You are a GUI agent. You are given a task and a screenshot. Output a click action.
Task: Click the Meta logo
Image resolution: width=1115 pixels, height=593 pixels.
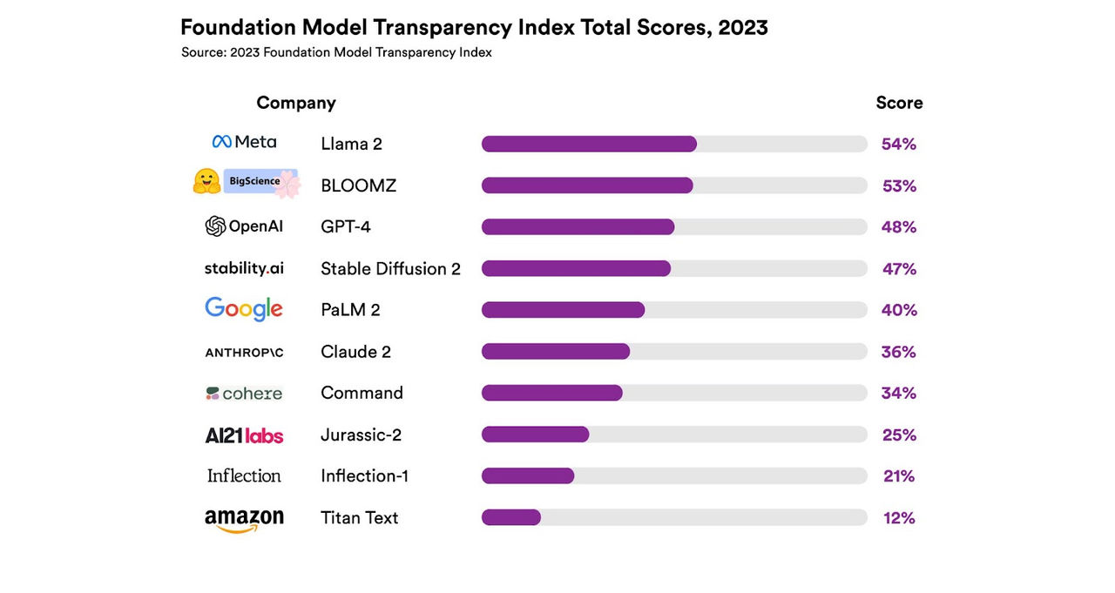click(244, 142)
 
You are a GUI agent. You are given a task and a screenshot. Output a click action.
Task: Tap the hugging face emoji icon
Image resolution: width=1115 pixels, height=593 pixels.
click(206, 181)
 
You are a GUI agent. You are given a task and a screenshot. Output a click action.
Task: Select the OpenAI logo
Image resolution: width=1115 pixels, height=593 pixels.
click(244, 226)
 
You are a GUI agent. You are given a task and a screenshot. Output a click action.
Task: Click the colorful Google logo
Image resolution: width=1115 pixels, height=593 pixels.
click(244, 309)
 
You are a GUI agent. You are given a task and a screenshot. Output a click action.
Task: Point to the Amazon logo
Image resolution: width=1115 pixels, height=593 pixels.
click(244, 520)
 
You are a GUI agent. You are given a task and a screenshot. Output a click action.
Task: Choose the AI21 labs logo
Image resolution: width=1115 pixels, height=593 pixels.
click(244, 435)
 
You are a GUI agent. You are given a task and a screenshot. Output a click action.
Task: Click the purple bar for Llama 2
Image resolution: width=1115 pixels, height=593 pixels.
click(589, 144)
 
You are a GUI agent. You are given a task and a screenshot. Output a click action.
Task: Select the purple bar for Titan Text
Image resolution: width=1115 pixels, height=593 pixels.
click(511, 517)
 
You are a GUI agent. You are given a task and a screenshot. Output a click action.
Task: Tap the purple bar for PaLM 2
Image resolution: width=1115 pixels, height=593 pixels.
click(563, 310)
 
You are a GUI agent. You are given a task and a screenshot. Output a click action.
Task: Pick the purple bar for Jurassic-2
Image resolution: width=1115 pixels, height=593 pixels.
click(535, 435)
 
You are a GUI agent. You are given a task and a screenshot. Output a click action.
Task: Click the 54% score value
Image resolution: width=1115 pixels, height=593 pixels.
click(899, 145)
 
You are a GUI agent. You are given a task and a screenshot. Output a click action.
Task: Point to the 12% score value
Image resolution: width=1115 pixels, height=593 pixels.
click(899, 518)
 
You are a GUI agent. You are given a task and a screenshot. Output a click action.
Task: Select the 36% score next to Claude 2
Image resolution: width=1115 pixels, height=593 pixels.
click(899, 352)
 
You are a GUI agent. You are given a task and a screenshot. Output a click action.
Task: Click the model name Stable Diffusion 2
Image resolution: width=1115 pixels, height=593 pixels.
click(390, 269)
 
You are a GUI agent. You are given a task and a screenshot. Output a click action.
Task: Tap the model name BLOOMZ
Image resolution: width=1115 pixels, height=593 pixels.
click(358, 185)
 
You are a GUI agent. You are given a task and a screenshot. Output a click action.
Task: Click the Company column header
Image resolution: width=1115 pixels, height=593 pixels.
click(296, 103)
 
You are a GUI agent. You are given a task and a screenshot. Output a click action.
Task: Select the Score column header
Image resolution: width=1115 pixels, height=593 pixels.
click(899, 103)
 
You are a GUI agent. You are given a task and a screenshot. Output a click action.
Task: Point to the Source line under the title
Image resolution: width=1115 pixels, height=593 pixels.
click(336, 52)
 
